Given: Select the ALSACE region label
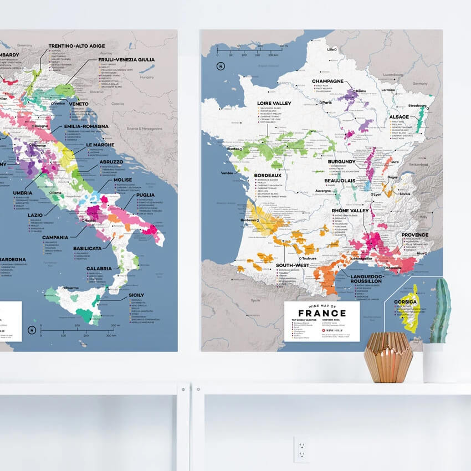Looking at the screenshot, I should point(398,117).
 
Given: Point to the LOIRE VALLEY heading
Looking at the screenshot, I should point(275,103).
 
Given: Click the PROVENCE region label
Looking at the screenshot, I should point(411,235).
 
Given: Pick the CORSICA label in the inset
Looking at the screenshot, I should point(405,302).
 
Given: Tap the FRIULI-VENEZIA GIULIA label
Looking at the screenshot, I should point(126,59).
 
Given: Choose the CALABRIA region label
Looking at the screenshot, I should point(100,268).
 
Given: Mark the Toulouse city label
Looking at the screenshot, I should point(309,258).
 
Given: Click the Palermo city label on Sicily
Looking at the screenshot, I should point(70,288).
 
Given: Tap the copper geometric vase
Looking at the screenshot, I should point(388,357).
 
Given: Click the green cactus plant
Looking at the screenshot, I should point(440,311).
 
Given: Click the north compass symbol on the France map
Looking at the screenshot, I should point(221,66).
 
